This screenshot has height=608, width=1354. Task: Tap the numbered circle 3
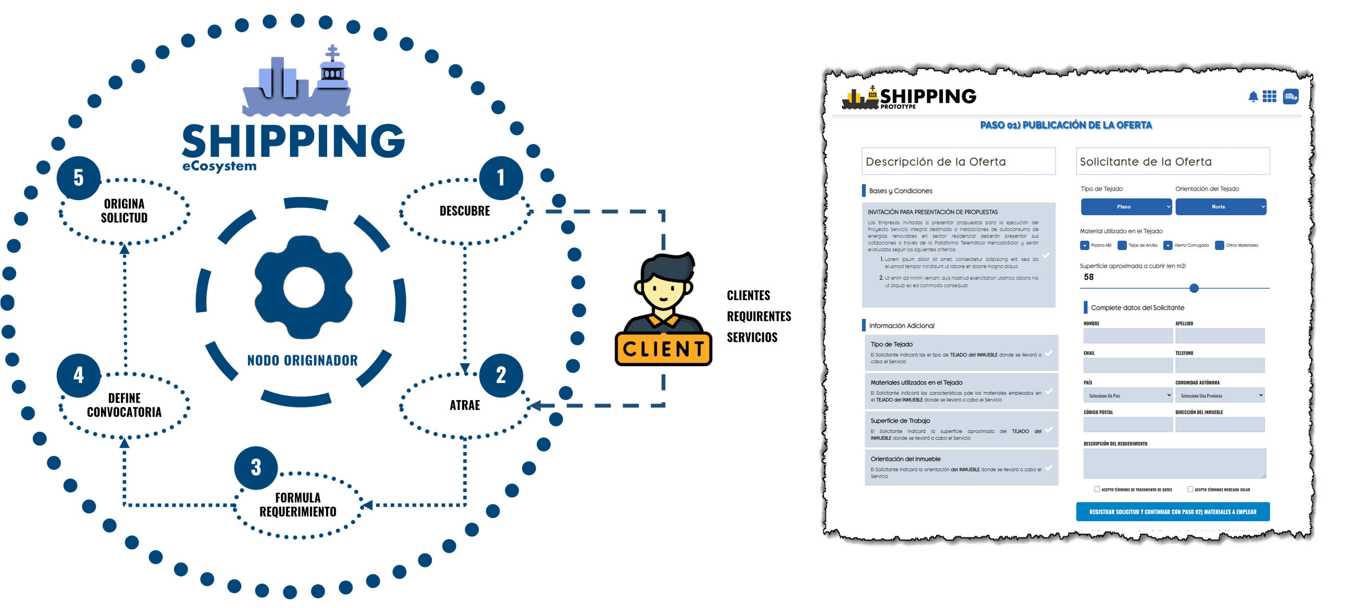(256, 467)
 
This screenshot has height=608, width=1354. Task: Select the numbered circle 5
(78, 178)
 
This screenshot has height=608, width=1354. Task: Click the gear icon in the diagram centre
(303, 288)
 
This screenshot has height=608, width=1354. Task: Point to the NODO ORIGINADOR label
(302, 361)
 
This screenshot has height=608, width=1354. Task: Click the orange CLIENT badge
(663, 349)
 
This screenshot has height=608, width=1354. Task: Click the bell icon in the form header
(1253, 97)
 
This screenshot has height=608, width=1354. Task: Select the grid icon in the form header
(1270, 97)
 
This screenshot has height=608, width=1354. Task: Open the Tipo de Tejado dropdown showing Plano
(1126, 206)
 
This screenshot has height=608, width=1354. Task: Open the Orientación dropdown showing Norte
(1221, 206)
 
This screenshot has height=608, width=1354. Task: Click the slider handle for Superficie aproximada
(1194, 288)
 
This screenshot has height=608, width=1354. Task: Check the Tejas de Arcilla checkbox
(1122, 245)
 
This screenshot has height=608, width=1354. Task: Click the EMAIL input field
(1127, 365)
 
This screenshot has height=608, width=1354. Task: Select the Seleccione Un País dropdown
(1127, 395)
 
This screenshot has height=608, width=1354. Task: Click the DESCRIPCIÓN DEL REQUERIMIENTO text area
(1174, 463)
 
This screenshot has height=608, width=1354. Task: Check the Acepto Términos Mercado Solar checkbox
(1190, 489)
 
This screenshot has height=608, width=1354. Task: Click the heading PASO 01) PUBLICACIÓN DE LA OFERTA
(1065, 125)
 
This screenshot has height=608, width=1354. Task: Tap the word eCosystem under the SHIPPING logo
(219, 167)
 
